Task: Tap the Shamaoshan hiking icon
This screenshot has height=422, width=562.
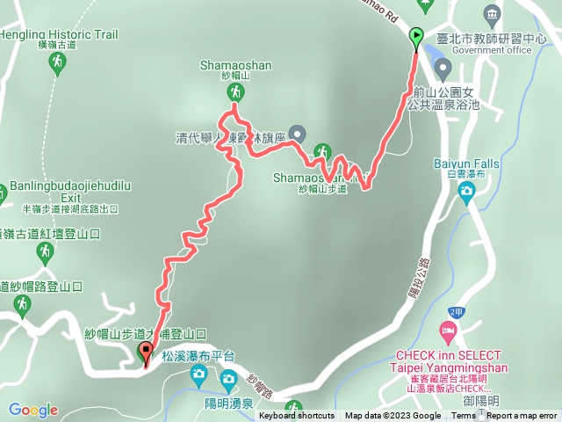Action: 235,91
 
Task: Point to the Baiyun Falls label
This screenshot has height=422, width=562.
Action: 465,163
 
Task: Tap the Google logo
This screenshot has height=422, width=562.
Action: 33,410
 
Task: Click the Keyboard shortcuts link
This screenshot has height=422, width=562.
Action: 297,416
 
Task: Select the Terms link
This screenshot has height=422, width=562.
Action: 464,416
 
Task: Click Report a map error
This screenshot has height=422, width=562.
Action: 522,416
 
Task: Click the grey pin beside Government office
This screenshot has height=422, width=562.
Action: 443,69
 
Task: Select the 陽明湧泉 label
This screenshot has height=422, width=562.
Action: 229,404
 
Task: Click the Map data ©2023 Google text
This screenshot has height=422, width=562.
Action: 393,416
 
